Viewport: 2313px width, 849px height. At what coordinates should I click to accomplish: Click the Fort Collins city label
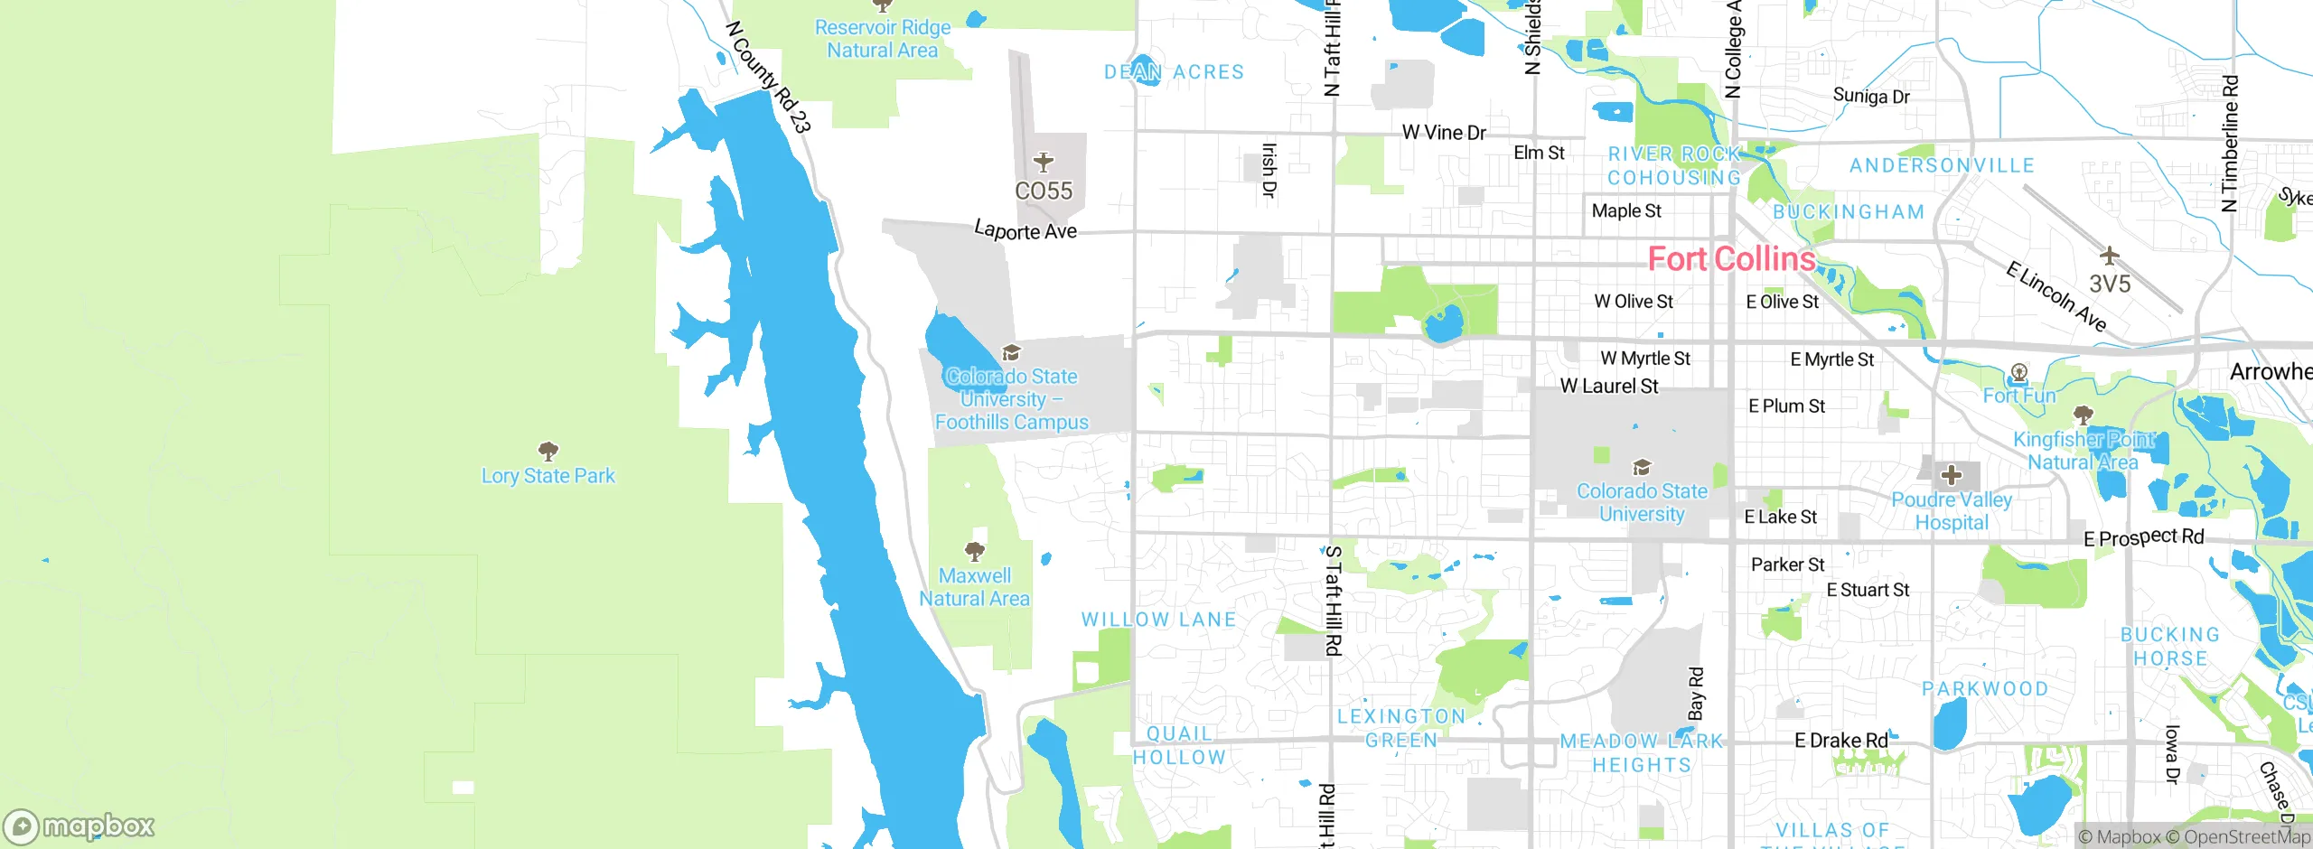[1731, 259]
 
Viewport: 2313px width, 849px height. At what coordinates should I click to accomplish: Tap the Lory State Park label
[548, 476]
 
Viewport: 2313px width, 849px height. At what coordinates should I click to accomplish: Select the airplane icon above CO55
[1044, 163]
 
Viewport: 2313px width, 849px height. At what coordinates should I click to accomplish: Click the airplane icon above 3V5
[2110, 256]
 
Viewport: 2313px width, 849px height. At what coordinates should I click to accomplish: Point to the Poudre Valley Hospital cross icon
[1952, 475]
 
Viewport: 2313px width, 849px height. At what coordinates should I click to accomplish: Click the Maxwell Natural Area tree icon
[974, 551]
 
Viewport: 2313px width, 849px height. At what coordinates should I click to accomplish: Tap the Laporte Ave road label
[1025, 231]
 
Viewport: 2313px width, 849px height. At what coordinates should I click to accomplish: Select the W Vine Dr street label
[1444, 133]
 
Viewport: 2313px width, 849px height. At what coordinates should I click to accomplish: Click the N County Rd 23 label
[768, 78]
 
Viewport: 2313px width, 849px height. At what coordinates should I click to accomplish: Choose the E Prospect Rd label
[2143, 537]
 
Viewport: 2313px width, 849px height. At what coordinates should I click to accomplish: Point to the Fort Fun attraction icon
[2019, 372]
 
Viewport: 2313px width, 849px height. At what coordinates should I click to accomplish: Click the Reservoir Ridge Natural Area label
[883, 39]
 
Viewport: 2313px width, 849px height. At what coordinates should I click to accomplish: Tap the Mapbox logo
[80, 826]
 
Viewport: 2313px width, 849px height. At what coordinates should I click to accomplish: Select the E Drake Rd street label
[1840, 741]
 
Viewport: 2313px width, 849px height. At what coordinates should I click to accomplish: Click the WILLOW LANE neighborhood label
[1158, 620]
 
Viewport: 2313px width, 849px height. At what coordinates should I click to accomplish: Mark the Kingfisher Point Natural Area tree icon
[2084, 415]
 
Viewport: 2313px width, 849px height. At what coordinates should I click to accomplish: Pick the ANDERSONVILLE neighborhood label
[1942, 165]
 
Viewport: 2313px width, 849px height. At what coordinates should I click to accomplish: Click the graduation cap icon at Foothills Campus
[1012, 352]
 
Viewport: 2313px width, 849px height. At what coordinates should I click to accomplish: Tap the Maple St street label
[1626, 210]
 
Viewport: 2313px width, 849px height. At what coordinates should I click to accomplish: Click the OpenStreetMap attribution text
[2244, 837]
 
